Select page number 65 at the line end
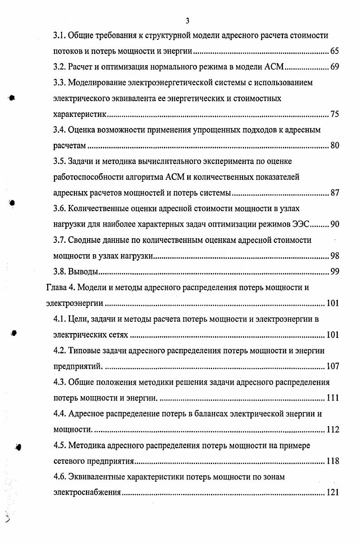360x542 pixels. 335,52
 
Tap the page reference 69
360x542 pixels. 335,68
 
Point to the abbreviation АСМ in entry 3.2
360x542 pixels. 273,68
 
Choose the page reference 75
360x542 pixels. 335,114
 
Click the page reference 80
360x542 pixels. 335,146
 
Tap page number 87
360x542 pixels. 335,193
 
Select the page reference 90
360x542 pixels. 335,224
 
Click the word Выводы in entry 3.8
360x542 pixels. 83,272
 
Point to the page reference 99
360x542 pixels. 335,272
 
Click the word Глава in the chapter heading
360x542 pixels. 56,287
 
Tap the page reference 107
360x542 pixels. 332,367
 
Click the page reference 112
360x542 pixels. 332,430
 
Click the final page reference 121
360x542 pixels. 332,493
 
